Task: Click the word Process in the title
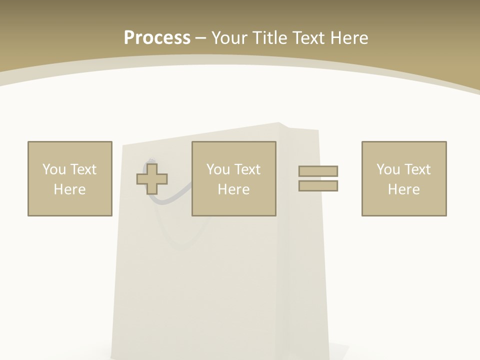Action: coord(157,38)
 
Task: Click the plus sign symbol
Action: coord(152,179)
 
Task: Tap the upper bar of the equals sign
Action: coord(318,171)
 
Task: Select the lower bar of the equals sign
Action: coord(318,186)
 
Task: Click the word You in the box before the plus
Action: coord(54,169)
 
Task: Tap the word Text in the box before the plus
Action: coord(83,169)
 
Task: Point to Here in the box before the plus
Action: coord(70,189)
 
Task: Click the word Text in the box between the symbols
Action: coord(247,169)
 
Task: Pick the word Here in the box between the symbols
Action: coord(234,189)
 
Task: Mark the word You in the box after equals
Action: coord(388,169)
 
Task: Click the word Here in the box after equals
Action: coord(404,189)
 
